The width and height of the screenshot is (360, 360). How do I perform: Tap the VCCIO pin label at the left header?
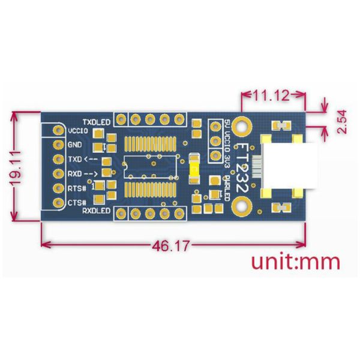tap(78, 131)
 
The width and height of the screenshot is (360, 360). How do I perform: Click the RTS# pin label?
tap(77, 188)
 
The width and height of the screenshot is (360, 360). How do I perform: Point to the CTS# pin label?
tap(77, 203)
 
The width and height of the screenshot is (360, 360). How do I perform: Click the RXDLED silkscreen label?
tap(96, 211)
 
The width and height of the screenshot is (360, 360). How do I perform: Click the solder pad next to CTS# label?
tap(58, 203)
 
